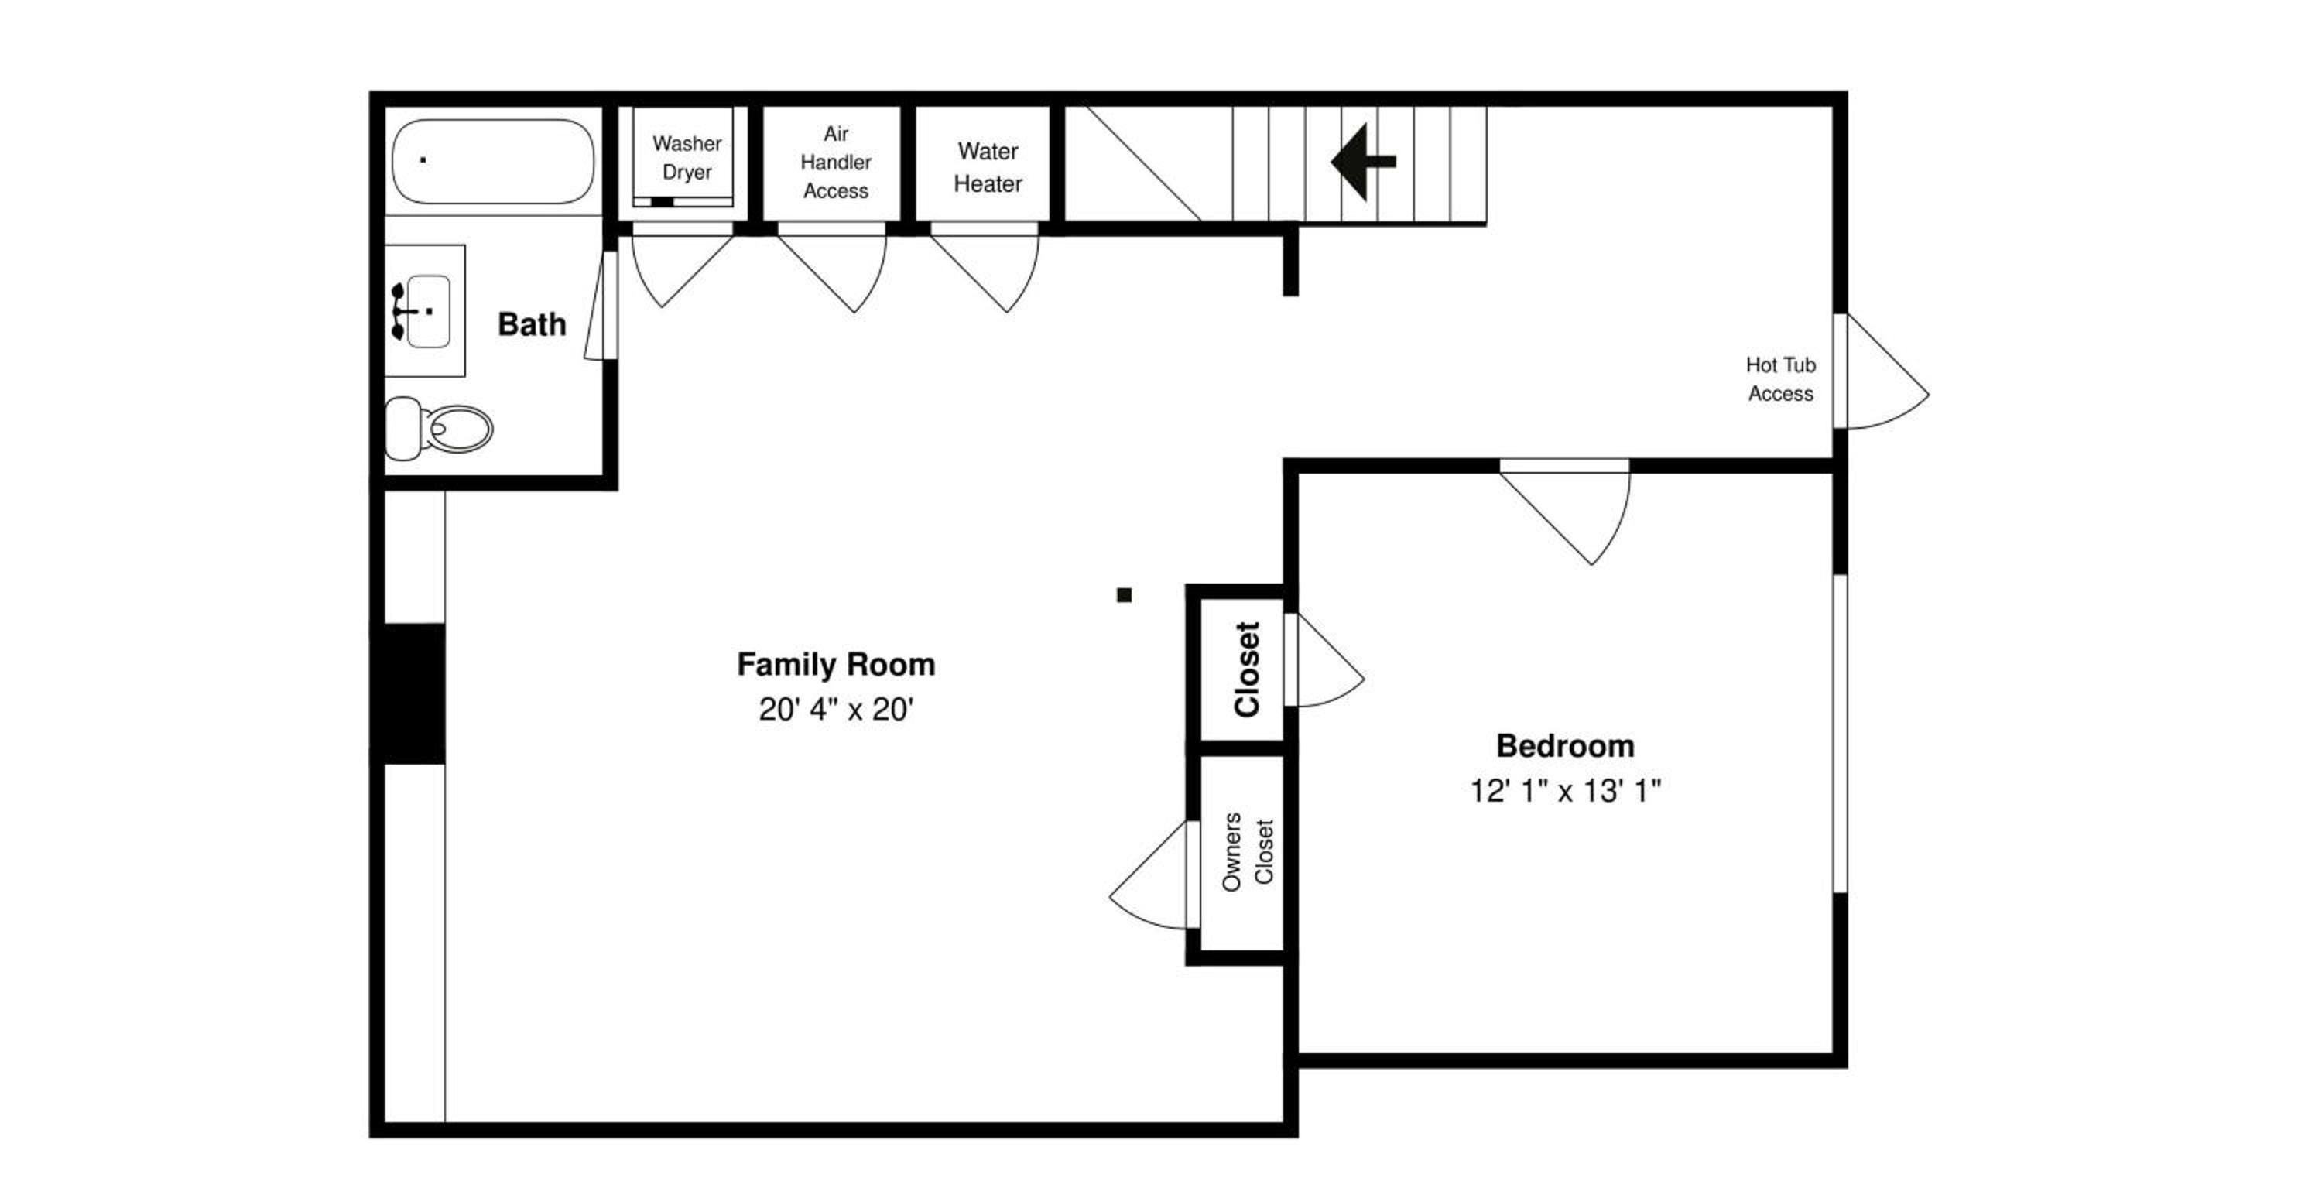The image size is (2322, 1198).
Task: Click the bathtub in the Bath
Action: click(493, 161)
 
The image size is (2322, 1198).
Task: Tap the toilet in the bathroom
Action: click(439, 428)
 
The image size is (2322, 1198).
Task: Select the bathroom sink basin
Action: click(427, 311)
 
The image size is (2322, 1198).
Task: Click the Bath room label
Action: click(532, 324)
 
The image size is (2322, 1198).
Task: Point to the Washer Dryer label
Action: click(687, 158)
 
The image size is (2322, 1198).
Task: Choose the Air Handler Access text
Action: click(836, 163)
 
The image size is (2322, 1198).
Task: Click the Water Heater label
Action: click(988, 168)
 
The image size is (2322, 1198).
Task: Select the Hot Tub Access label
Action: click(1780, 379)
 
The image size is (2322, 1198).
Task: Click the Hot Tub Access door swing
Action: click(1889, 371)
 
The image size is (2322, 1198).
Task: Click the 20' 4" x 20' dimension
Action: click(836, 710)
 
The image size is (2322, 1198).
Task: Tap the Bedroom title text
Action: click(1565, 746)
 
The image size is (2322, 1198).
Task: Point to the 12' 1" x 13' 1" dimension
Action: click(1565, 792)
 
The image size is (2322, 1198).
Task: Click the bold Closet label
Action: click(1247, 669)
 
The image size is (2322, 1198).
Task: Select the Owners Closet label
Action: click(1248, 853)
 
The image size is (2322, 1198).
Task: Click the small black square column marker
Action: click(1124, 595)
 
